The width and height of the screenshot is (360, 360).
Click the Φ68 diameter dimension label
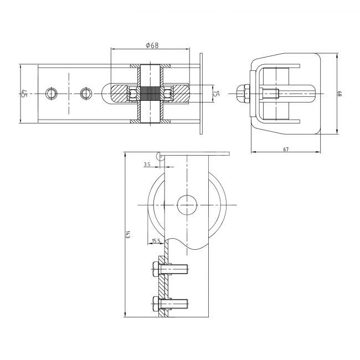pyautogui.click(x=152, y=45)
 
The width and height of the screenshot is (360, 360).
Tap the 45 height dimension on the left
pyautogui.click(x=24, y=94)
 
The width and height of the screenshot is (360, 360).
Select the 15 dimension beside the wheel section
pyautogui.click(x=216, y=94)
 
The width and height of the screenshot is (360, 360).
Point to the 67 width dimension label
pyautogui.click(x=286, y=149)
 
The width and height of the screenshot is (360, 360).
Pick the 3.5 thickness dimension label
pyautogui.click(x=147, y=164)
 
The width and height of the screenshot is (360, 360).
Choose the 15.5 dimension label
pyautogui.click(x=156, y=241)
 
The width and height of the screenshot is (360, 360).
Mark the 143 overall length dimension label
pyautogui.click(x=128, y=234)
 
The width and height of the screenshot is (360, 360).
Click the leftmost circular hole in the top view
pyautogui.click(x=52, y=94)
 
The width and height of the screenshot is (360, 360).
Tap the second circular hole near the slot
pyautogui.click(x=86, y=94)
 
